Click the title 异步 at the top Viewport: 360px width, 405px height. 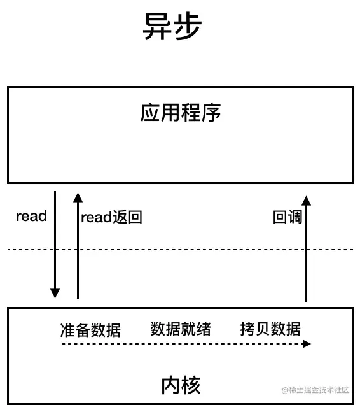coord(172,27)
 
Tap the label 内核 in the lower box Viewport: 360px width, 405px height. coord(181,385)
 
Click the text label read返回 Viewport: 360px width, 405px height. coord(111,217)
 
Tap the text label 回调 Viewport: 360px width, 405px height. coord(287,217)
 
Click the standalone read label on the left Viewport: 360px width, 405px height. coord(32,216)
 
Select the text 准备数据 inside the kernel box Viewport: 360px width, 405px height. coord(90,330)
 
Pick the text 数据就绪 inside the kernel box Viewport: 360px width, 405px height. coord(181,329)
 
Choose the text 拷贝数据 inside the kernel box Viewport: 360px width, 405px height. coord(270,329)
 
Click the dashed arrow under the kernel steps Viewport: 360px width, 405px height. coord(184,344)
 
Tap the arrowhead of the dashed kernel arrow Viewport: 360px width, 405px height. coord(307,344)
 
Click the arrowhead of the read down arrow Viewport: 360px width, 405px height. coord(55,294)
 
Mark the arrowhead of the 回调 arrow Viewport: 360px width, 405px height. coord(306,201)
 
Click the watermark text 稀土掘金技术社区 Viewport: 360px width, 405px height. coord(319,389)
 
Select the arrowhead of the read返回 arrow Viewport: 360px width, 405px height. coord(78,196)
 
